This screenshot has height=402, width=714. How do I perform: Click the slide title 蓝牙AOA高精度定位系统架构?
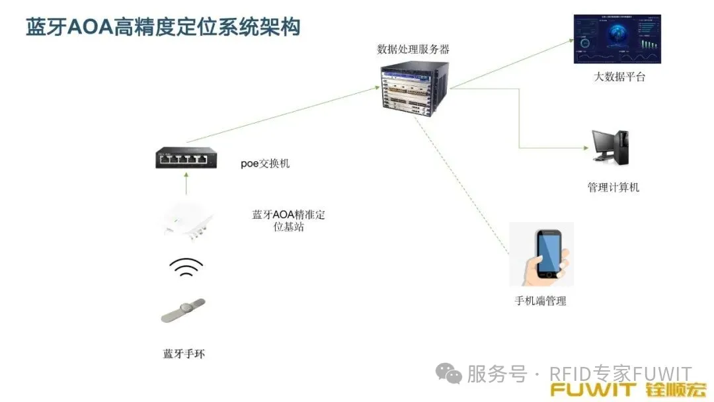[163, 27]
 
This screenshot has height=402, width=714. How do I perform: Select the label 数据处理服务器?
[413, 49]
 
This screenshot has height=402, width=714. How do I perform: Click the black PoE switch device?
[186, 158]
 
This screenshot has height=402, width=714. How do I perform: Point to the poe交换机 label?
[265, 163]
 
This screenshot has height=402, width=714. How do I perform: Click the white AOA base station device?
[186, 221]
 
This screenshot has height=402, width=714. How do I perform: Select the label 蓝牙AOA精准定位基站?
[289, 220]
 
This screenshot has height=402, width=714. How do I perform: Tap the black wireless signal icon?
[186, 267]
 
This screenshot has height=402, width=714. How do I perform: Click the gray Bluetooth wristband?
[184, 311]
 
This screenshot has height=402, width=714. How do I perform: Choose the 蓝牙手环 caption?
[184, 354]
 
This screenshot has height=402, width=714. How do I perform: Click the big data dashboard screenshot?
[617, 39]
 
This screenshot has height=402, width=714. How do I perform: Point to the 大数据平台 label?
[619, 77]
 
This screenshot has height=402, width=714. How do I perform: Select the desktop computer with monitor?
[610, 147]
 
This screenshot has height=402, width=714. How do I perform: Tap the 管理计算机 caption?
[614, 187]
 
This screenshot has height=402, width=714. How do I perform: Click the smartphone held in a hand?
[541, 255]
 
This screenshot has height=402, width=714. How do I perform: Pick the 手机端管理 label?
[541, 301]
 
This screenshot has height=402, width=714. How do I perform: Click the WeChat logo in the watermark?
[448, 374]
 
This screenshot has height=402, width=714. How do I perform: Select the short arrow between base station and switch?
[186, 183]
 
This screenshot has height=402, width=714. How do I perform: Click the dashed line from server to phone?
[461, 185]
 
